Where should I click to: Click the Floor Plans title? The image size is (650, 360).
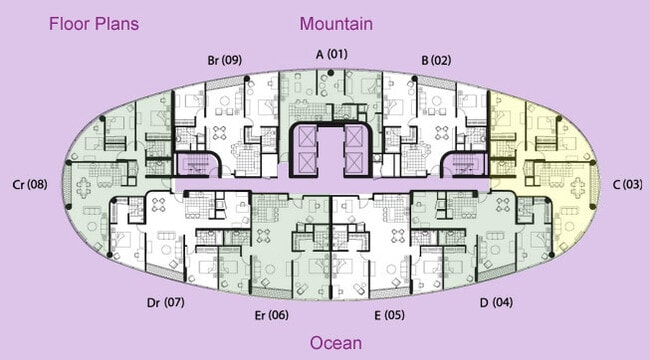[94, 24]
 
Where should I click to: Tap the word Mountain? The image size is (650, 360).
[336, 24]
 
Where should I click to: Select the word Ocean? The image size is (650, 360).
[336, 343]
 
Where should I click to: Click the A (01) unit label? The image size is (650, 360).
[332, 54]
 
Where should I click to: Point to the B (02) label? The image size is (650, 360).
[436, 60]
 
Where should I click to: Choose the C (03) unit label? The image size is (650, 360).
[628, 184]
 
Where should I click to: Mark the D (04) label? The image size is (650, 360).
[496, 302]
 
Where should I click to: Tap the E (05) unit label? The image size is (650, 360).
[389, 315]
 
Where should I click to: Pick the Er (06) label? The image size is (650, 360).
[272, 315]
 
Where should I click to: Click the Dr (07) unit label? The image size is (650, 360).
[165, 302]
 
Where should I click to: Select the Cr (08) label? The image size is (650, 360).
[30, 184]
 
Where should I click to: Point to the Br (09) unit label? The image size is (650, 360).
[225, 60]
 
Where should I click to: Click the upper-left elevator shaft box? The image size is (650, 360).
[307, 136]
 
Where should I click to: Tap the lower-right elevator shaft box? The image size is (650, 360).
[354, 162]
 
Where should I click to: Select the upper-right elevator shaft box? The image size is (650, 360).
[354, 136]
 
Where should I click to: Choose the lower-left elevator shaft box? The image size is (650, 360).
[307, 162]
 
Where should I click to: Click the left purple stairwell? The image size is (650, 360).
[196, 164]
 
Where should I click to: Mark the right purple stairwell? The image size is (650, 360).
[464, 164]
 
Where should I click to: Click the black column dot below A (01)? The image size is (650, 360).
[330, 73]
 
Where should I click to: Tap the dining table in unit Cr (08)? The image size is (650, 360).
[84, 188]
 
